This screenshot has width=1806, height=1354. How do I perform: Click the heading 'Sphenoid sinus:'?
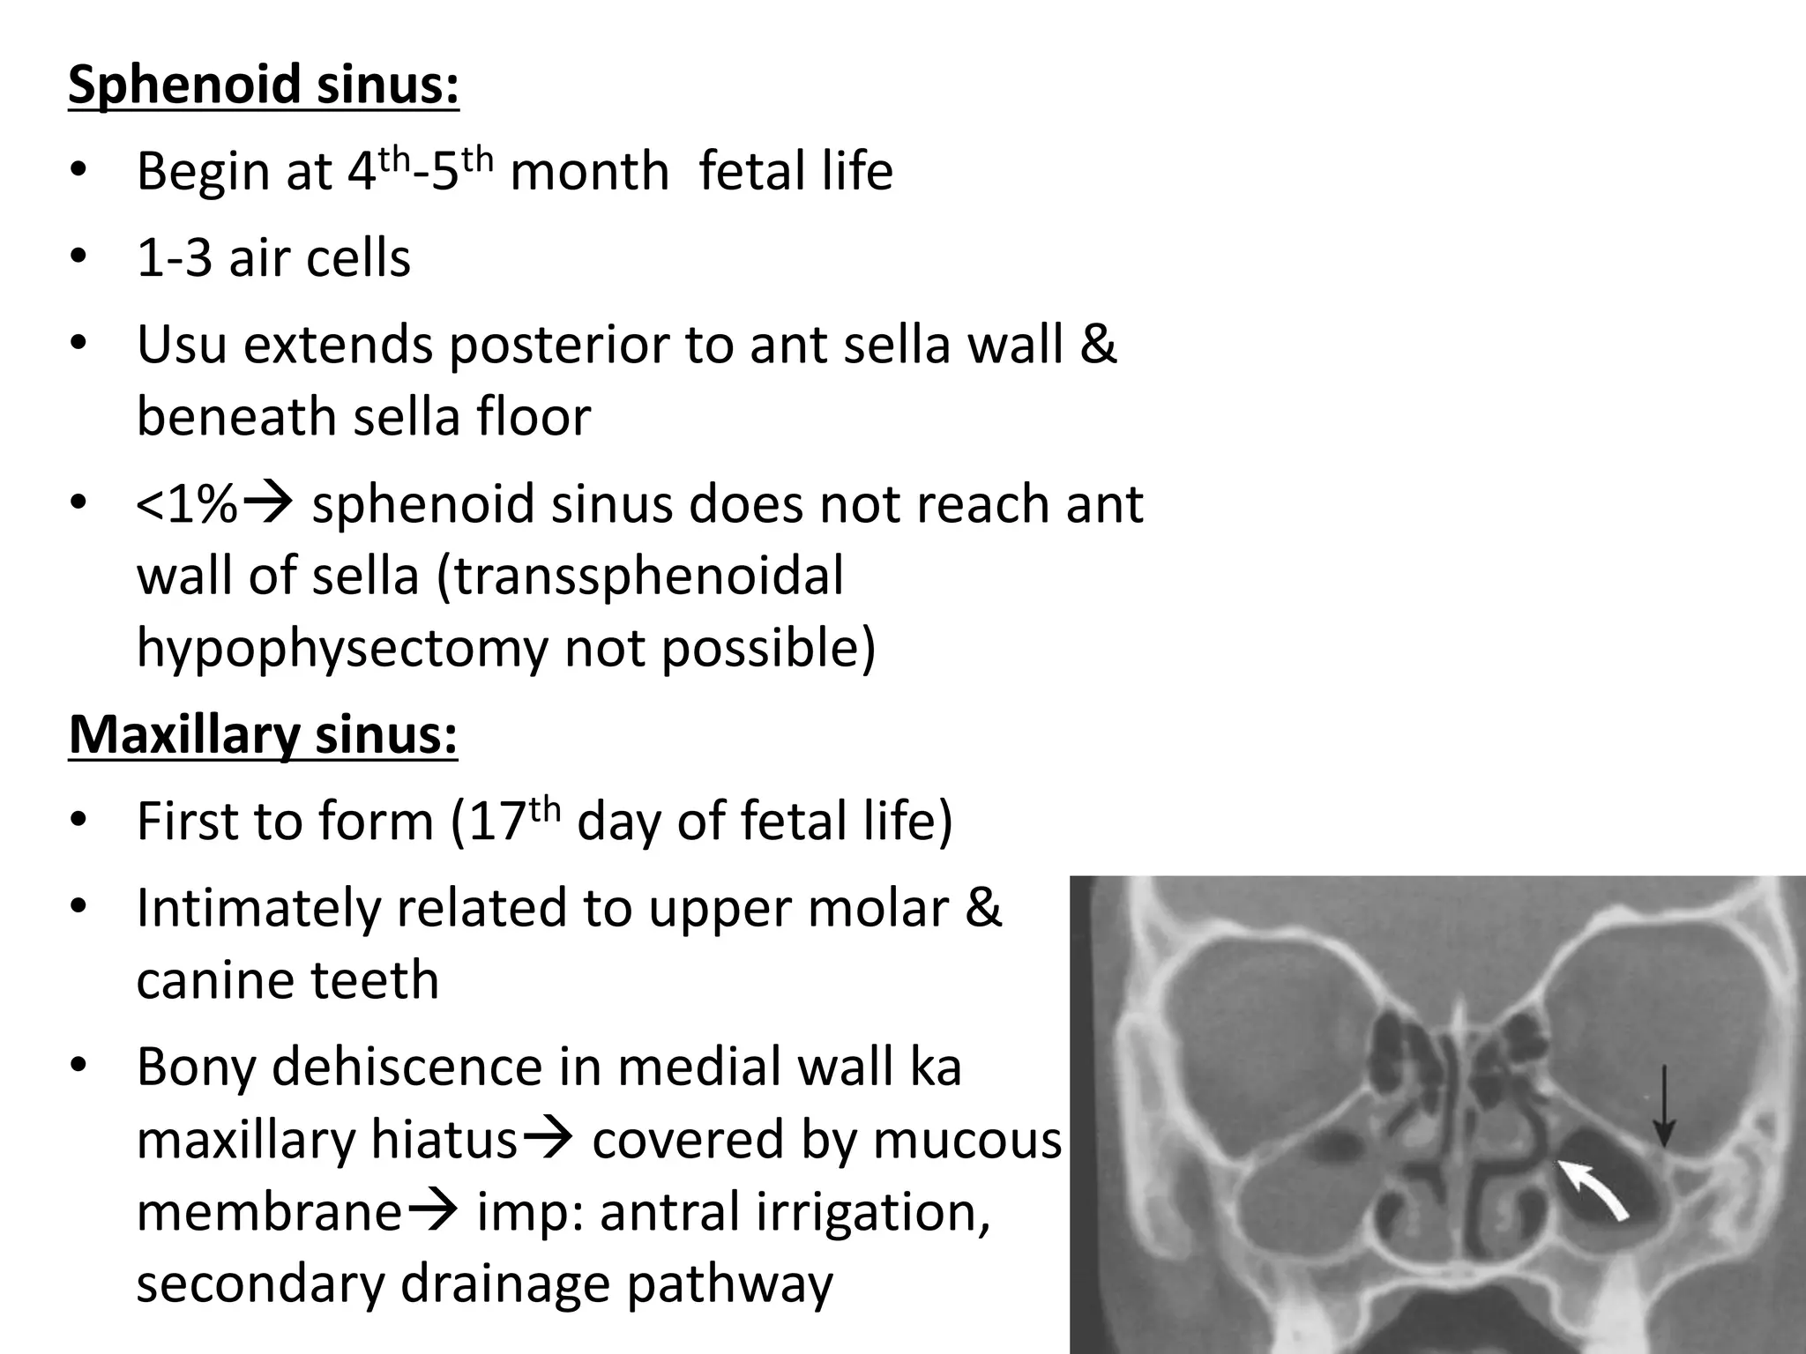click(x=263, y=86)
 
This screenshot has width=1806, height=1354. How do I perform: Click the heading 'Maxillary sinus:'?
click(x=263, y=735)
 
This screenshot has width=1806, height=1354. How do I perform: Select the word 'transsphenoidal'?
click(x=648, y=577)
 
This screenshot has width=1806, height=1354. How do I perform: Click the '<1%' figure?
click(x=187, y=505)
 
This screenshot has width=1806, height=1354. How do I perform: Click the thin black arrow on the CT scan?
click(x=1663, y=1106)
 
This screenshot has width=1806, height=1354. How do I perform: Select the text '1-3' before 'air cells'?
click(x=174, y=258)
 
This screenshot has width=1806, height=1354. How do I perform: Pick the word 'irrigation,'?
click(x=795, y=1212)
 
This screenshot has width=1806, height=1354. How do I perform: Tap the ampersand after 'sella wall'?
click(x=1097, y=345)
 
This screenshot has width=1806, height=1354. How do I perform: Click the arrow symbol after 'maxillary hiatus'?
click(x=549, y=1141)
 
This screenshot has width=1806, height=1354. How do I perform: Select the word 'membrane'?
click(x=269, y=1212)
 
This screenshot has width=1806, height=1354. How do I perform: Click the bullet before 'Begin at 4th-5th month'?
click(x=78, y=171)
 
